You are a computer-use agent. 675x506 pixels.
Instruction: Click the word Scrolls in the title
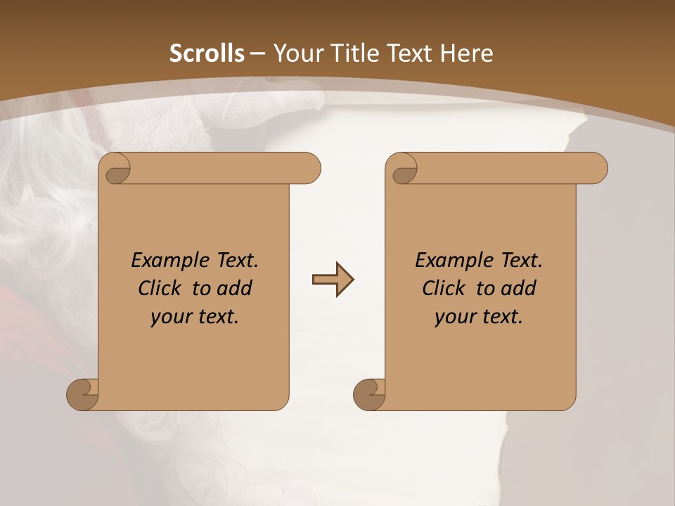(207, 53)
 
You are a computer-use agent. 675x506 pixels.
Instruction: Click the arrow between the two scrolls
(333, 280)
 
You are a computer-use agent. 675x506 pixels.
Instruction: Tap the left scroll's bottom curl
(82, 394)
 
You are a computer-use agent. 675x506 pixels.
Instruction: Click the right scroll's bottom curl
(369, 394)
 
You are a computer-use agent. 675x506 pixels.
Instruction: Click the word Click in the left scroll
(159, 289)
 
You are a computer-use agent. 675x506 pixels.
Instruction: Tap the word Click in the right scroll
(443, 289)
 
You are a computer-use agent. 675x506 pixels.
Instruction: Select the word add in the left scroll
(235, 289)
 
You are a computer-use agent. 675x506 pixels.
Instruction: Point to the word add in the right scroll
(519, 289)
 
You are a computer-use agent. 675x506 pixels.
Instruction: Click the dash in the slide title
(257, 54)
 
